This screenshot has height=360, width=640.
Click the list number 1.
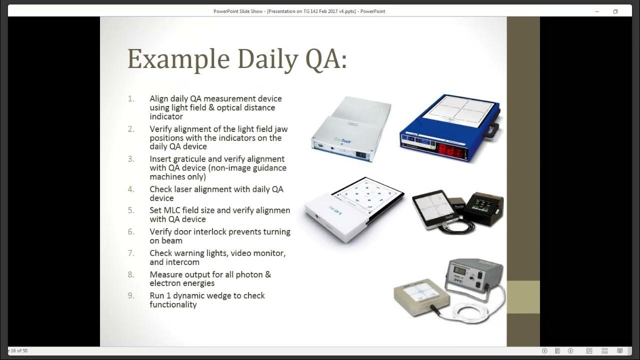pos(131,99)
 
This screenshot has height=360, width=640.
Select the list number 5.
pos(131,210)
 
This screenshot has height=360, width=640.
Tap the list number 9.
pos(131,295)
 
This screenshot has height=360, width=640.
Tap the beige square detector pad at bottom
pos(420,297)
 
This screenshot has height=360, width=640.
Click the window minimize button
pos(596,11)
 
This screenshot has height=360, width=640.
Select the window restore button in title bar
pos(615,11)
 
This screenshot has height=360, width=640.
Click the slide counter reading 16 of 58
pos(18,351)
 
